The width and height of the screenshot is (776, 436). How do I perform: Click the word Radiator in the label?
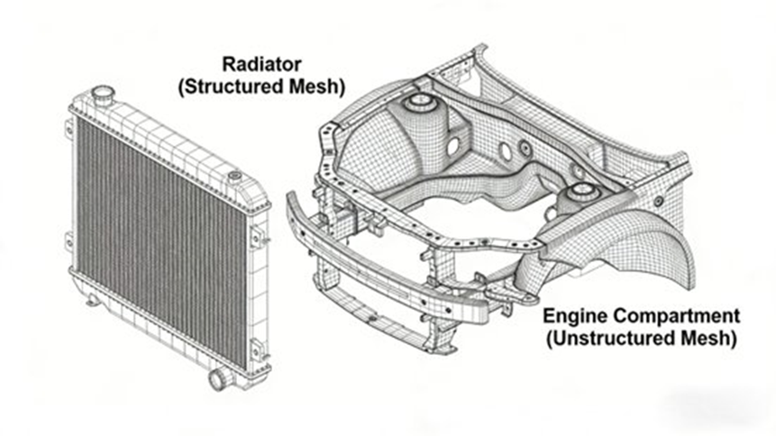tap(261, 64)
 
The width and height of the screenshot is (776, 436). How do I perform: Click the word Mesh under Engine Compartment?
tap(703, 339)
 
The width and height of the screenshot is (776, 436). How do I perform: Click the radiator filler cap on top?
tap(103, 94)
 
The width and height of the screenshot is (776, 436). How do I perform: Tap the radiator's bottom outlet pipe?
tap(222, 378)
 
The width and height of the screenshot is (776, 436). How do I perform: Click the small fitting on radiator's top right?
tap(235, 177)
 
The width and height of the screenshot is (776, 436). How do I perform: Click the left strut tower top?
tap(419, 103)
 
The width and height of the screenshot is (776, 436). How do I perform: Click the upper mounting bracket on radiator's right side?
tap(258, 237)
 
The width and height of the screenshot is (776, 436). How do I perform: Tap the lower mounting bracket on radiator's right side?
tap(258, 350)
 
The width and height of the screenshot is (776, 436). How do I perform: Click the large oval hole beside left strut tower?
tap(452, 147)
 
